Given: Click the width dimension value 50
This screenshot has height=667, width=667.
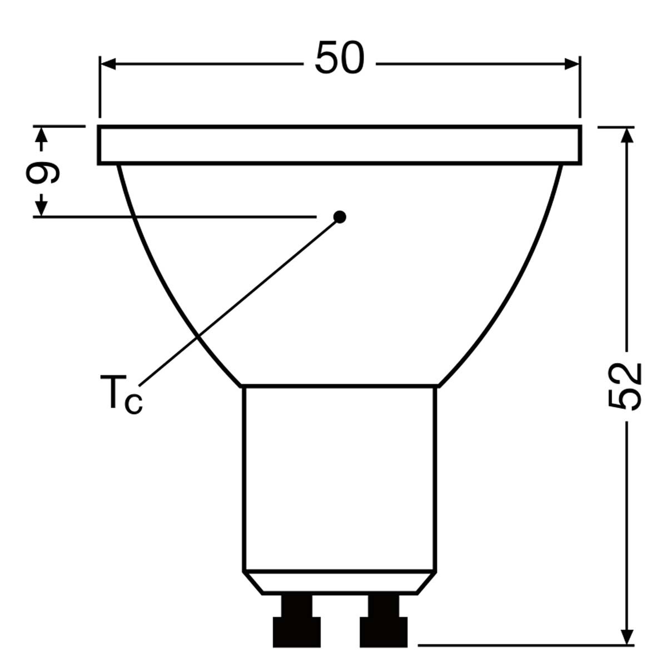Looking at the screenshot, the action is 340,57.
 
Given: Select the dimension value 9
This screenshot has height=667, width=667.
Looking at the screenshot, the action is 43,172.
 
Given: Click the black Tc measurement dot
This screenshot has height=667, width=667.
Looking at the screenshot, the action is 340,217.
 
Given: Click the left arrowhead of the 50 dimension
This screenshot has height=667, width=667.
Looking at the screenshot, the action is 107,64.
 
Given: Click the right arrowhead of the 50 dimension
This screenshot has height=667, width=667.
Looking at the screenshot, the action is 572,64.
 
